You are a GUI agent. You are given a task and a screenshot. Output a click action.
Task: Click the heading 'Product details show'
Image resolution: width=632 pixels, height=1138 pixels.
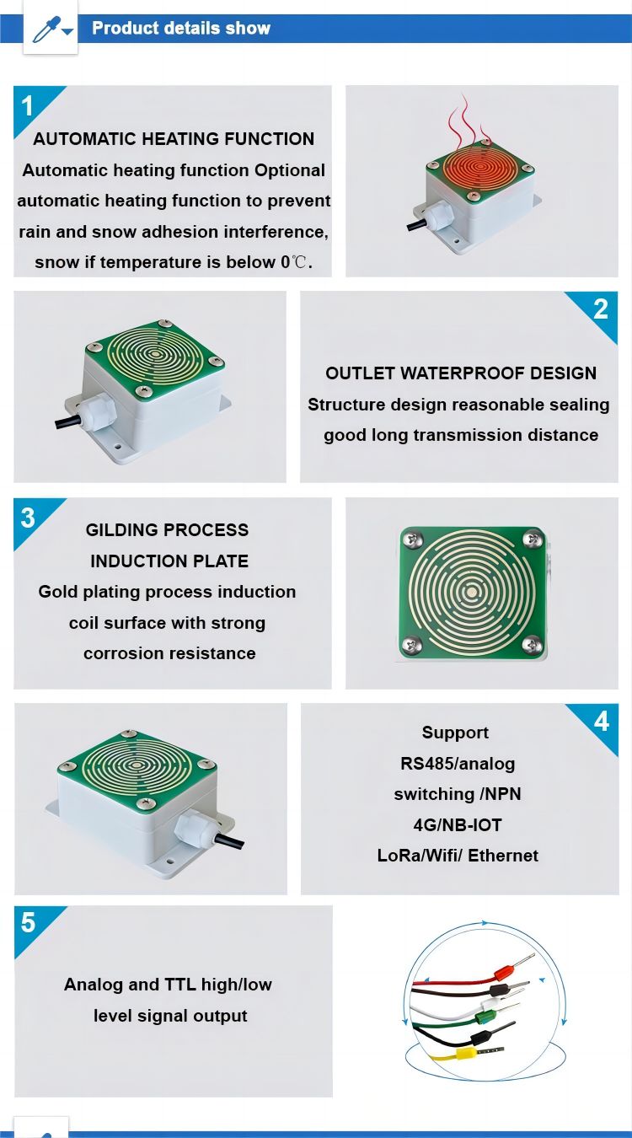181,28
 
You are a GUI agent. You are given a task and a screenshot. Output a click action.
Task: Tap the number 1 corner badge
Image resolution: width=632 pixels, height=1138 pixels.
29,106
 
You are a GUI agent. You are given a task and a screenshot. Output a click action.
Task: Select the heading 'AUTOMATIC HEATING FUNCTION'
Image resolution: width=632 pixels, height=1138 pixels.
174,139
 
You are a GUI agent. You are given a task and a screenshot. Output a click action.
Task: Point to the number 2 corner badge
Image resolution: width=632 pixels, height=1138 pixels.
600,309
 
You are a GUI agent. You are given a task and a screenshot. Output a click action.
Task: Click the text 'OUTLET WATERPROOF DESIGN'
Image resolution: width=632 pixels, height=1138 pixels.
460,373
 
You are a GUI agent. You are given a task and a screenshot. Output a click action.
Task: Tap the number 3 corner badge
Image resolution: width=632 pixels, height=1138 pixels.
29,517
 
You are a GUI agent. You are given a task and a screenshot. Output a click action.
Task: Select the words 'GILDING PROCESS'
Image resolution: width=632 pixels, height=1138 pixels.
167,530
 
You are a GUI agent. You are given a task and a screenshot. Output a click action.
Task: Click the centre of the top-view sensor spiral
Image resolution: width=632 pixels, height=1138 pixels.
471,592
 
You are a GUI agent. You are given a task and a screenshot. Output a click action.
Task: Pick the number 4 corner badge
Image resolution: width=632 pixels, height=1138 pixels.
601,722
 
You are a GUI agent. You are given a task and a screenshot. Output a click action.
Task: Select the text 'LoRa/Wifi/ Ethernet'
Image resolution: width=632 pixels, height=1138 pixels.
458,855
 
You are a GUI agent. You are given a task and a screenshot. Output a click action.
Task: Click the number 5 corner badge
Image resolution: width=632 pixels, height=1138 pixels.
29,923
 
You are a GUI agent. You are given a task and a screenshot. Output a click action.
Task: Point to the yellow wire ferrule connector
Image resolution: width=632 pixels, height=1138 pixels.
466,1054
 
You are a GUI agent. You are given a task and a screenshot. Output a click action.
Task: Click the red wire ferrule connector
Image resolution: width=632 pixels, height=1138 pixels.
503,971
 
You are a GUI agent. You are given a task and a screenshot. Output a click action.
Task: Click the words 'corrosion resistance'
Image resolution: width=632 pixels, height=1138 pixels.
169,653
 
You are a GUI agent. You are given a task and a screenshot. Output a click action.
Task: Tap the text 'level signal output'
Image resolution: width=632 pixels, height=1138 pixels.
170,1016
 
